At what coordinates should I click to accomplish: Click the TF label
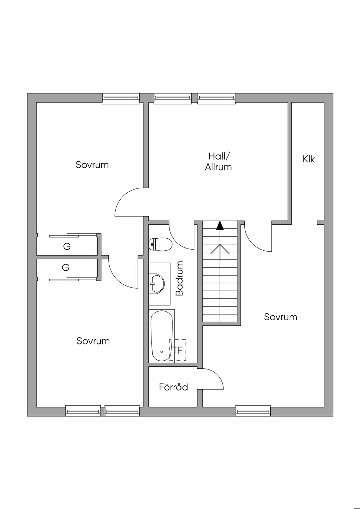(x=178, y=350)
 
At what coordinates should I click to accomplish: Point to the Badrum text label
(x=179, y=278)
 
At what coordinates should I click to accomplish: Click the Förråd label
(x=173, y=387)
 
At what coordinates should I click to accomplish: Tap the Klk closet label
(x=309, y=159)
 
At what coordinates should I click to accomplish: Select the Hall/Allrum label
(x=218, y=161)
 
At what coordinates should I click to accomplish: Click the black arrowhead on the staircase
(x=220, y=225)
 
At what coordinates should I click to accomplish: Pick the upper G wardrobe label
(x=67, y=247)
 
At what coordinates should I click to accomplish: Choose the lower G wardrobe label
(x=66, y=268)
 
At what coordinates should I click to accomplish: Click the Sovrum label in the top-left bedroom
(x=92, y=165)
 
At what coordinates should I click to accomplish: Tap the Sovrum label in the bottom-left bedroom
(x=93, y=341)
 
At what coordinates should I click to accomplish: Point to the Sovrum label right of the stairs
(x=281, y=317)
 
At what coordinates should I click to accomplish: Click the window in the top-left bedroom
(x=121, y=98)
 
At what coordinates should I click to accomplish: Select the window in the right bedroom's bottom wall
(x=253, y=411)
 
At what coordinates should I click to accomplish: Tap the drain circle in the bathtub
(x=161, y=352)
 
